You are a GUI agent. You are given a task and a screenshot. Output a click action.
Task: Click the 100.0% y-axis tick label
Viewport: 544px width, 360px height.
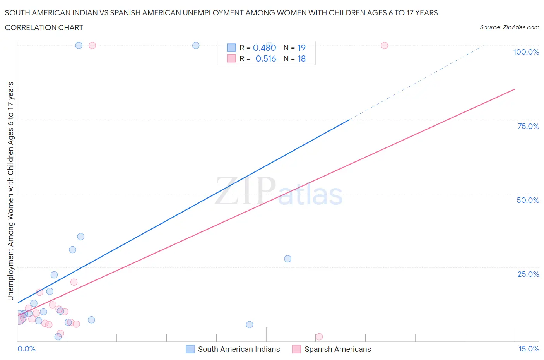pos(526,52)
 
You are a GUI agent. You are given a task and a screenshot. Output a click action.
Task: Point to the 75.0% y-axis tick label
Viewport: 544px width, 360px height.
pos(528,126)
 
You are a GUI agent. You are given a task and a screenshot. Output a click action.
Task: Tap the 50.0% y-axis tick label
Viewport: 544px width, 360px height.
pos(528,200)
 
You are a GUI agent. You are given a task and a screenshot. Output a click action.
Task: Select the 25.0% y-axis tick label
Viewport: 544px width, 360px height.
pos(528,274)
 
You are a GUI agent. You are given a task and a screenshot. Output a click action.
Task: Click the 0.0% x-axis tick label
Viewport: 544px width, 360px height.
pos(26,349)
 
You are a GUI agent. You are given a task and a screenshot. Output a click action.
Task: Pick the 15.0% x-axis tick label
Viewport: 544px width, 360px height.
pos(529,349)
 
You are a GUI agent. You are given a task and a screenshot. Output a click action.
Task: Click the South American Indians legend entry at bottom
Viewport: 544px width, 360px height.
pos(233,349)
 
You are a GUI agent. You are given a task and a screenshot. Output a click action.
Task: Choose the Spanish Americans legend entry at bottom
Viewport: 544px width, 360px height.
pos(332,349)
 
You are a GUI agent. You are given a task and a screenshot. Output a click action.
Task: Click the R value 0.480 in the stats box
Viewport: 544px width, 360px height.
pos(264,48)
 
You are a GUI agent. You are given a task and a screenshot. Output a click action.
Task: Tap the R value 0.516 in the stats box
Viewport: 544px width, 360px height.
pos(265,58)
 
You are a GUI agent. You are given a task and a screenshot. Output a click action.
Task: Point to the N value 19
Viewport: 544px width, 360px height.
pos(301,48)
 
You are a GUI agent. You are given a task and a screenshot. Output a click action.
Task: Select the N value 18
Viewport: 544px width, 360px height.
pos(301,58)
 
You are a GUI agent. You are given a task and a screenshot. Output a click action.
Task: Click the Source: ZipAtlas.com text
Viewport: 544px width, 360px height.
pos(509,27)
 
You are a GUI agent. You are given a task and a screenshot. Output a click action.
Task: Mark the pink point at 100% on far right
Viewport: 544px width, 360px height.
pos(384,45)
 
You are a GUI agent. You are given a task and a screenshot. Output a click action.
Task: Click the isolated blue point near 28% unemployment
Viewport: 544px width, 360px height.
pos(287,259)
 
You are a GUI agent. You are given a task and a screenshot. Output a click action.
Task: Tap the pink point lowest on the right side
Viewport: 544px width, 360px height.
pos(319,337)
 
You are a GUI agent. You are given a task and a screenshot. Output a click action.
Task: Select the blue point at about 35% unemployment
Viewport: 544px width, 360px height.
pos(80,237)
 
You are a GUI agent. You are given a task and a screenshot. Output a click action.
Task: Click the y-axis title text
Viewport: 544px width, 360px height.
pos(10,191)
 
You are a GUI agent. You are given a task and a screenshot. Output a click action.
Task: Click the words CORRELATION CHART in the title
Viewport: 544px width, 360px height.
pos(44,27)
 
